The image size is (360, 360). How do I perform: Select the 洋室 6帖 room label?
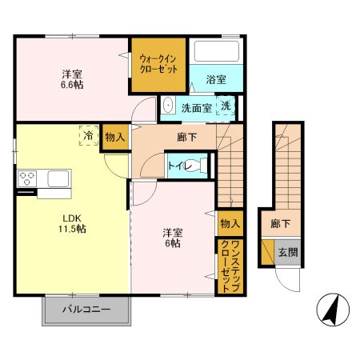click(x=172, y=238)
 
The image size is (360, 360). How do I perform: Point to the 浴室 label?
click(x=216, y=81)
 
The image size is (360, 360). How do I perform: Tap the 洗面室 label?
click(x=195, y=108)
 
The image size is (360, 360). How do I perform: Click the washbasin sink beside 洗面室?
click(x=169, y=106)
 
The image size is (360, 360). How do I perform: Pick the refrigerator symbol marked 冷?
click(x=86, y=136)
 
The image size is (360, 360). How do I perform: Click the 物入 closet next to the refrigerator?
click(x=115, y=138)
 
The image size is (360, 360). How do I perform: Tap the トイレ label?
click(x=178, y=166)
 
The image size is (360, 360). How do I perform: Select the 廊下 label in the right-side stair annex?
click(x=279, y=225)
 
